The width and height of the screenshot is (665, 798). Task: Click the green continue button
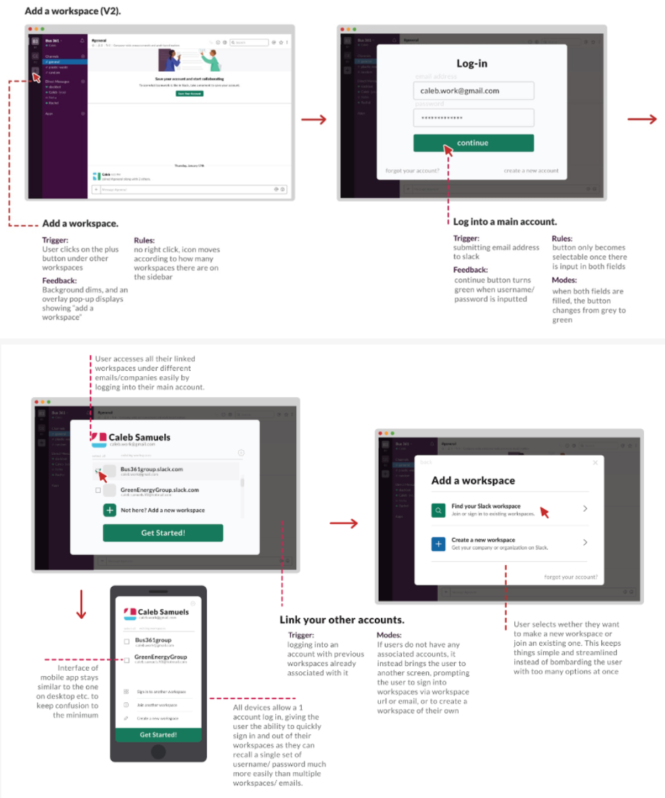click(474, 143)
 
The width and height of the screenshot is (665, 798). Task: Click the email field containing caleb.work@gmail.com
click(474, 91)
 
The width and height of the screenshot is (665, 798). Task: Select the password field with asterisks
click(474, 118)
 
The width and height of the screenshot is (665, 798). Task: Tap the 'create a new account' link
click(531, 171)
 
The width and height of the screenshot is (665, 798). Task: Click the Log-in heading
click(472, 64)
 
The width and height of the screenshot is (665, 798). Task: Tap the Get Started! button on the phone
click(158, 734)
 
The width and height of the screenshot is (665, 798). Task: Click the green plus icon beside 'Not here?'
click(110, 510)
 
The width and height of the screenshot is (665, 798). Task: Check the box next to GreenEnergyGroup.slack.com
click(98, 490)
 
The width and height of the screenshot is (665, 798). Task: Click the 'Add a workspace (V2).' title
click(73, 12)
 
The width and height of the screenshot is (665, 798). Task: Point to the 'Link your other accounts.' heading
click(342, 620)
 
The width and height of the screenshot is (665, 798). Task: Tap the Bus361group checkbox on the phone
click(127, 641)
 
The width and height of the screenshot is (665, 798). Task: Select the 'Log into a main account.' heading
click(505, 221)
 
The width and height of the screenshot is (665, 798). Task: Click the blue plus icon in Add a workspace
click(438, 543)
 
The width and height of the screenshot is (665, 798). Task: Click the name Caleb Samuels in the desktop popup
click(139, 437)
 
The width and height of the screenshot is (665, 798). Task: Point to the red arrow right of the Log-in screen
click(642, 120)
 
